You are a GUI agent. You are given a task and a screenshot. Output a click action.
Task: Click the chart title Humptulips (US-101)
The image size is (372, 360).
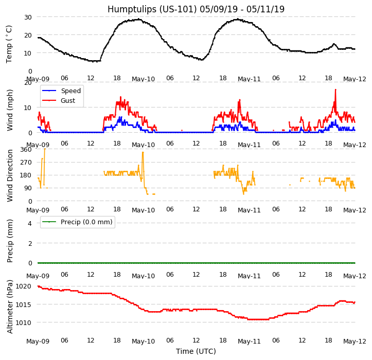click(x=196, y=9)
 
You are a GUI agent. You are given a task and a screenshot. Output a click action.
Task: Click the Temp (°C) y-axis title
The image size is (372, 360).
click(x=9, y=44)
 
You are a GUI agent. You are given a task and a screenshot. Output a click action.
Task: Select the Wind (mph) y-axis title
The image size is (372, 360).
click(x=10, y=110)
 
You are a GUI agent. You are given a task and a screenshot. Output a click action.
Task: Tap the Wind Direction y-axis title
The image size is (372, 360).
click(x=10, y=175)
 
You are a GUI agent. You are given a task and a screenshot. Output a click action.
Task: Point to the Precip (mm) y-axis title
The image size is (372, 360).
click(x=10, y=241)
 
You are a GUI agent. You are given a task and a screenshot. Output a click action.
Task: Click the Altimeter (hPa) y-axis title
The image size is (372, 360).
click(x=10, y=307)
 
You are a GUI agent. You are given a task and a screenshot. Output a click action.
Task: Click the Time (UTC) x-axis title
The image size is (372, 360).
click(x=196, y=351)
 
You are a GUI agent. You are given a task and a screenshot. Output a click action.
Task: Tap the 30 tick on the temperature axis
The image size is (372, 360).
click(x=28, y=17)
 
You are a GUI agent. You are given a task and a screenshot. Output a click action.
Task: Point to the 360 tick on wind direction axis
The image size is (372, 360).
click(x=26, y=150)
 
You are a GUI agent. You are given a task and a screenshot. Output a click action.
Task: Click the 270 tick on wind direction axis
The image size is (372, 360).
click(x=26, y=163)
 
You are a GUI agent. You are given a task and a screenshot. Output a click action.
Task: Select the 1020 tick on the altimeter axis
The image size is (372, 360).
click(x=24, y=286)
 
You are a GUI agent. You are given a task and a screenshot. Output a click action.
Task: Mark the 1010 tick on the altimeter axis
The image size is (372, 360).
click(x=24, y=323)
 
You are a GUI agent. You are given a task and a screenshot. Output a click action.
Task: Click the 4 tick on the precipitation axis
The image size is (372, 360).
click(x=30, y=223)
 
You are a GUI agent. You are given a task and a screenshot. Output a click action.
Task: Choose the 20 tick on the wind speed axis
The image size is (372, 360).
click(x=28, y=83)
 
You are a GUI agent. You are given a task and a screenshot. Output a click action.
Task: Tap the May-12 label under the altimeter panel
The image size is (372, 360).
click(x=355, y=341)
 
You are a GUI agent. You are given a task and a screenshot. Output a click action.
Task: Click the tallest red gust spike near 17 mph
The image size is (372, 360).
click(x=335, y=90)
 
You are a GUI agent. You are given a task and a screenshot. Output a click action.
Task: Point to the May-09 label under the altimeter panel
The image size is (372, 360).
click(x=38, y=341)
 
